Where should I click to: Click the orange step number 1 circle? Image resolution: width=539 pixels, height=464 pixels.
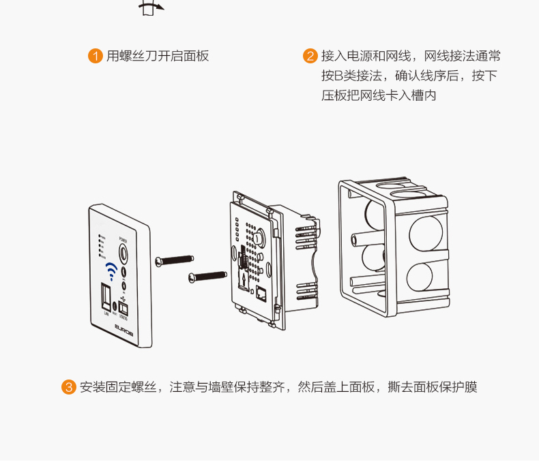pyautogui.click(x=96, y=57)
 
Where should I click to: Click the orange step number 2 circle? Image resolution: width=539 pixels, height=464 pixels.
pyautogui.click(x=310, y=57)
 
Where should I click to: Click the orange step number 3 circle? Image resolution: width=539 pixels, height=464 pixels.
pyautogui.click(x=69, y=388)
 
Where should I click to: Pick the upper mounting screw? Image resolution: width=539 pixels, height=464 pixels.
pyautogui.click(x=175, y=260)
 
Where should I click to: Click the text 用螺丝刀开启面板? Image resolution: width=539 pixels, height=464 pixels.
pyautogui.click(x=158, y=57)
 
